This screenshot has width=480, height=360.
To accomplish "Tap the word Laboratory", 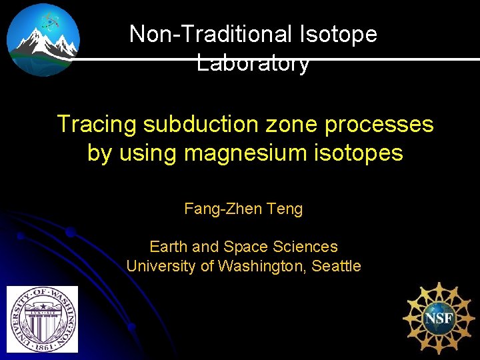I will [x=253, y=63].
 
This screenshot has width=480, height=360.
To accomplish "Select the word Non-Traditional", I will [x=212, y=33].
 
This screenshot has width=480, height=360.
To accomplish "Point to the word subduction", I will [x=195, y=124].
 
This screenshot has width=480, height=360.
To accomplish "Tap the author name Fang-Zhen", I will [x=223, y=209].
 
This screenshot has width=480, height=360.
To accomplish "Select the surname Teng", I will [x=285, y=209].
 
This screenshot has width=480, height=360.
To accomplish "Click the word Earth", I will [x=169, y=247].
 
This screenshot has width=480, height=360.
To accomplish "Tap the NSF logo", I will [x=439, y=317].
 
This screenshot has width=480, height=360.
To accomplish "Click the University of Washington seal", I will [x=42, y=319].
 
